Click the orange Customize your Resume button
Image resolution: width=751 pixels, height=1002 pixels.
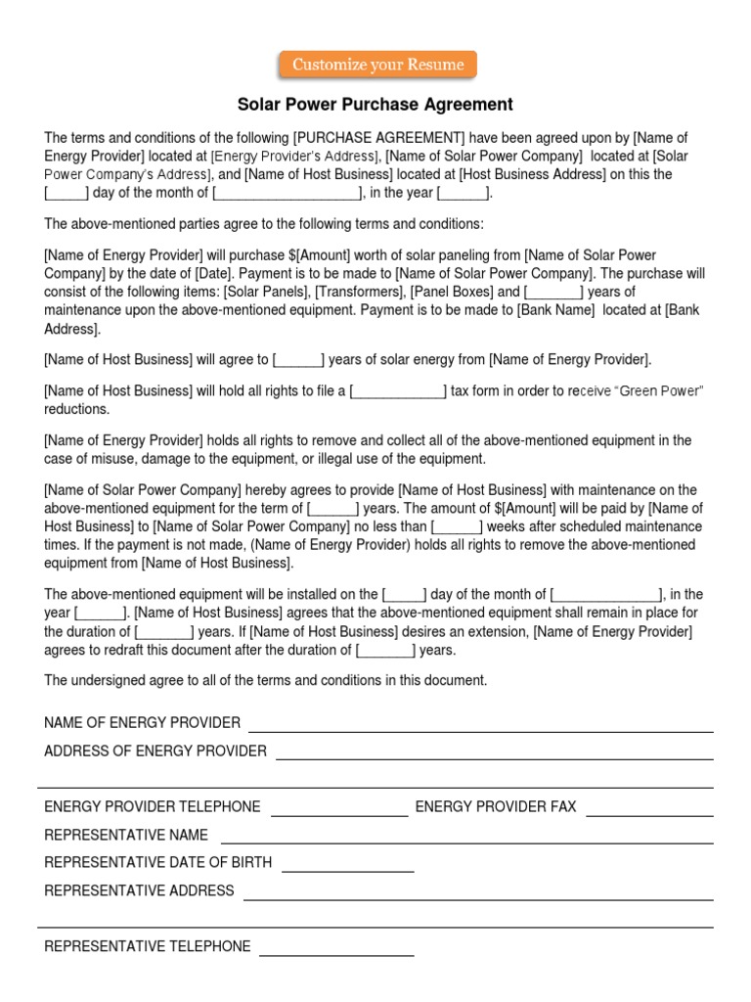377,66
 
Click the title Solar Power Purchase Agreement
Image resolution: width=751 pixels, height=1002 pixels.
375,105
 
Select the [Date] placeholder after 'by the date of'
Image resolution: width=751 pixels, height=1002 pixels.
212,274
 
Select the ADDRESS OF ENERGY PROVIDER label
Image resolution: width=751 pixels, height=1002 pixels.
155,751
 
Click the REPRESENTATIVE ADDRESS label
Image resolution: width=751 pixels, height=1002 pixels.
139,891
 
